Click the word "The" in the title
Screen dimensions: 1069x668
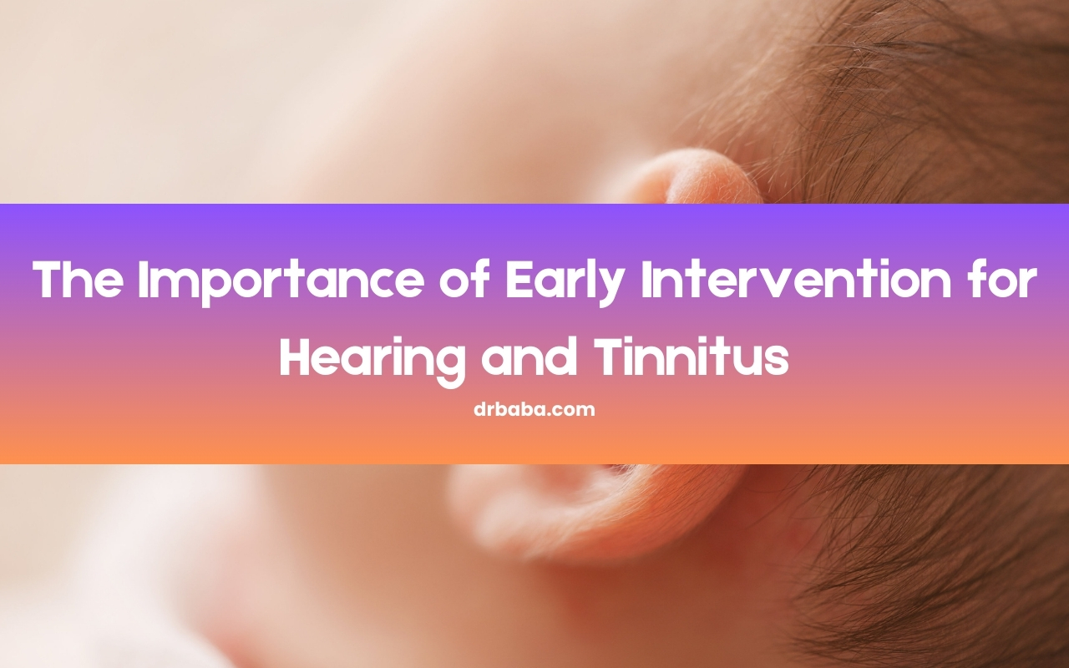click(x=78, y=280)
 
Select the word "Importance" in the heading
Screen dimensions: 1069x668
click(x=281, y=283)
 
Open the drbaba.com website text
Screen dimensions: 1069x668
click(x=534, y=410)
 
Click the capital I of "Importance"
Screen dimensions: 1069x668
click(x=143, y=280)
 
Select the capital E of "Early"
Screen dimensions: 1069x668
click(x=519, y=280)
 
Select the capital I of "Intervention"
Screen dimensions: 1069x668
click(x=646, y=280)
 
